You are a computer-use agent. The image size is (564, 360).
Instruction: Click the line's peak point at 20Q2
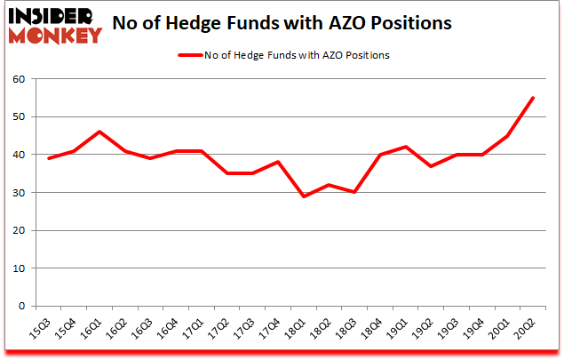click(x=532, y=98)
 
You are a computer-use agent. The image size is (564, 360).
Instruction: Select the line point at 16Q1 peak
click(x=99, y=132)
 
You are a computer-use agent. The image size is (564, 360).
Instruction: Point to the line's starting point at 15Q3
click(x=48, y=158)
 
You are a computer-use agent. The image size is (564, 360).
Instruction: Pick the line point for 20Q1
click(x=506, y=136)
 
